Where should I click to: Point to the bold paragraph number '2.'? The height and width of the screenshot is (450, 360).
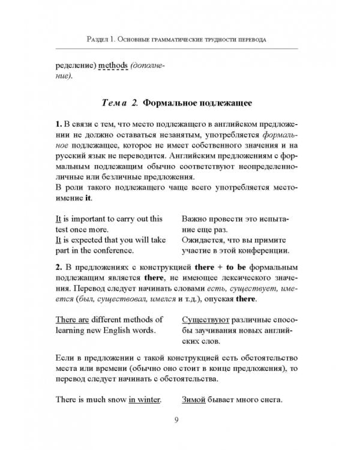point(59,266)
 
